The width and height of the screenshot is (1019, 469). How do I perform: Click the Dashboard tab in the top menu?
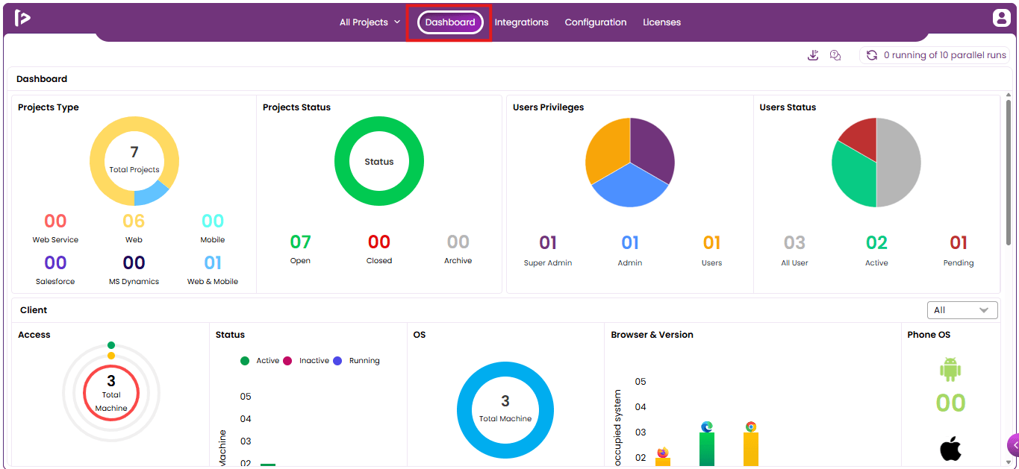click(450, 22)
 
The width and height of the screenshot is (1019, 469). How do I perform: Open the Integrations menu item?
click(521, 22)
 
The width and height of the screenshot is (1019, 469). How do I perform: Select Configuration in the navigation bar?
click(596, 22)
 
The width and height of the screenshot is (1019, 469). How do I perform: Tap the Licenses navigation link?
click(661, 22)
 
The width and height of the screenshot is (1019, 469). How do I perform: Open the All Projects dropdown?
click(370, 22)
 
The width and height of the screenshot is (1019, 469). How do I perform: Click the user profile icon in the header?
click(1001, 18)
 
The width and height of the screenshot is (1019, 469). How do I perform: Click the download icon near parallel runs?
click(813, 55)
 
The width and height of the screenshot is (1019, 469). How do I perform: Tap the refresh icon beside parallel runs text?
click(872, 55)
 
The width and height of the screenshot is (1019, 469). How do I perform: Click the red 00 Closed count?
click(379, 242)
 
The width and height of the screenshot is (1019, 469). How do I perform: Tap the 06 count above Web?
click(134, 221)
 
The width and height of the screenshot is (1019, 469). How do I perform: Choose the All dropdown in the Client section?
click(962, 310)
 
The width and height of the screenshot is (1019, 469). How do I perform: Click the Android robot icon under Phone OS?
click(950, 369)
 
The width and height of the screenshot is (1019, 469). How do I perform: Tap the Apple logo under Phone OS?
click(950, 448)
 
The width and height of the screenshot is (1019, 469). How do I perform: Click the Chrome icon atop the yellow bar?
click(750, 426)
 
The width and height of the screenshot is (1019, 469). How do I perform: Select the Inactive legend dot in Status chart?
click(287, 361)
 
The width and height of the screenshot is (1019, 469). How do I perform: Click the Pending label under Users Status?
click(958, 262)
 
